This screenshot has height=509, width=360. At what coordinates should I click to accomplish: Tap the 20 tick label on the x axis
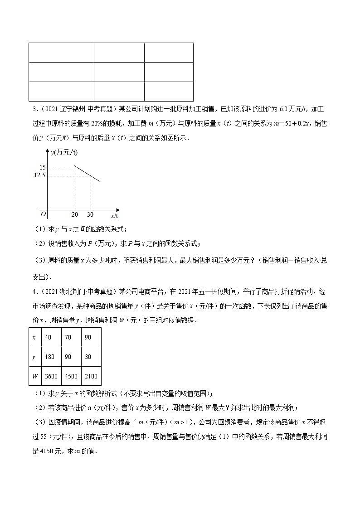tap(75, 214)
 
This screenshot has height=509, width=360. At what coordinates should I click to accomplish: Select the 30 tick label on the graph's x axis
tap(91, 214)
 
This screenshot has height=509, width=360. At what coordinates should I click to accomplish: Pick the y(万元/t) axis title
tap(64, 153)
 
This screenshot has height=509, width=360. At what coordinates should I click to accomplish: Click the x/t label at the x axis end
tap(115, 216)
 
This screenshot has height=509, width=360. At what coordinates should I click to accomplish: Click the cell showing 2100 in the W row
tap(91, 376)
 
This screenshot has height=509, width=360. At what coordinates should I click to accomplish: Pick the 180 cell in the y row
tap(49, 357)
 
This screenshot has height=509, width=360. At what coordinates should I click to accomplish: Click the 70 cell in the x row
tap(66, 337)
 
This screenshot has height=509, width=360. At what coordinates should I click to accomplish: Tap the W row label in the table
tap(34, 376)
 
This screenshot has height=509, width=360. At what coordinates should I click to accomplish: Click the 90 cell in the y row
tap(66, 357)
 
